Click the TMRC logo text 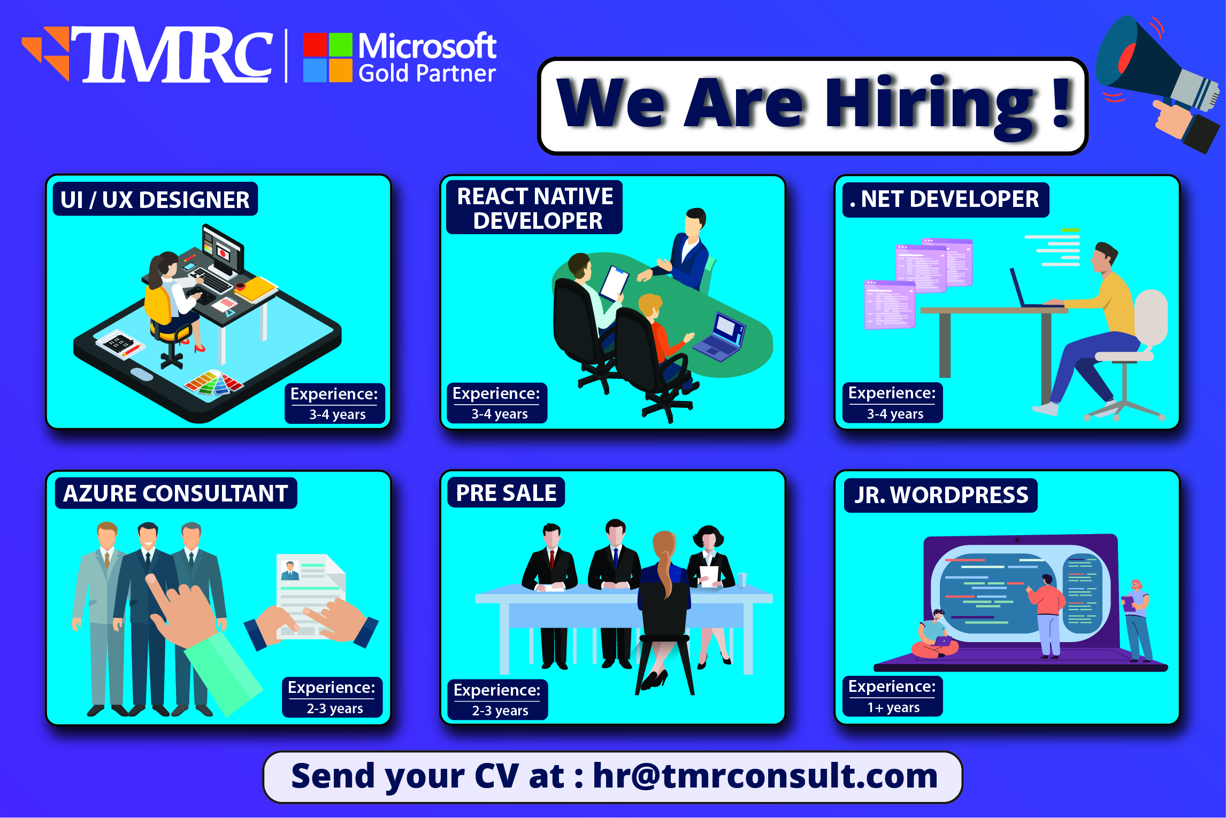click(x=177, y=55)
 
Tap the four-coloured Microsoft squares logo click(x=327, y=57)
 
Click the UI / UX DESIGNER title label click(x=155, y=199)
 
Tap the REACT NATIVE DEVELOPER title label click(x=534, y=208)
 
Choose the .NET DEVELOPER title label click(x=945, y=199)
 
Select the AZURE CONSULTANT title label click(x=175, y=493)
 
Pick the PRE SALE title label click(x=506, y=492)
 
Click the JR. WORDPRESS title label click(x=940, y=495)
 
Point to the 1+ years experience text click(x=893, y=707)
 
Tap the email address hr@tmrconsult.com click(x=765, y=776)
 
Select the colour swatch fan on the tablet click(x=214, y=383)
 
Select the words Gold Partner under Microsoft click(x=427, y=73)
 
